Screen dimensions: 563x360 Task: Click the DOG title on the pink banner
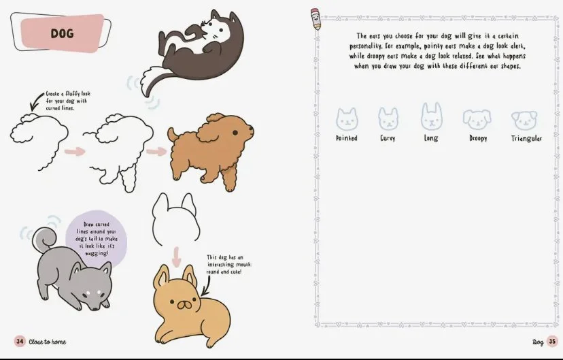click(x=62, y=33)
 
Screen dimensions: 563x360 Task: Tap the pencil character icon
click(x=316, y=19)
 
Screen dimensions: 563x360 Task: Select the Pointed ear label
click(x=347, y=138)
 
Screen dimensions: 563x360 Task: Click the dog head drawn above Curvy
click(x=388, y=118)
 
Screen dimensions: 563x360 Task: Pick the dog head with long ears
click(x=431, y=116)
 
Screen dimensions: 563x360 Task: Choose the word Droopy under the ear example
click(x=478, y=138)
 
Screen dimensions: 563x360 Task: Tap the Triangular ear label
click(x=526, y=138)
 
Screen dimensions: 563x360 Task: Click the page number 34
click(x=20, y=342)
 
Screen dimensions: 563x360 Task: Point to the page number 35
click(x=552, y=342)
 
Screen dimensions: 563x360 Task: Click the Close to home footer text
click(x=48, y=342)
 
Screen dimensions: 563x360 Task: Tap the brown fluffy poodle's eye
click(x=235, y=133)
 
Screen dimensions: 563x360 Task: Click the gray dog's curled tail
click(x=44, y=240)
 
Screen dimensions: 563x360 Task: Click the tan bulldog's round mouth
click(x=184, y=305)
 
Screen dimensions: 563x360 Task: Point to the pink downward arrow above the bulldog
click(x=176, y=257)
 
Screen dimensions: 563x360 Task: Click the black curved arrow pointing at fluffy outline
click(x=36, y=101)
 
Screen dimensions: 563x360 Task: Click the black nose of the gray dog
click(x=95, y=309)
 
